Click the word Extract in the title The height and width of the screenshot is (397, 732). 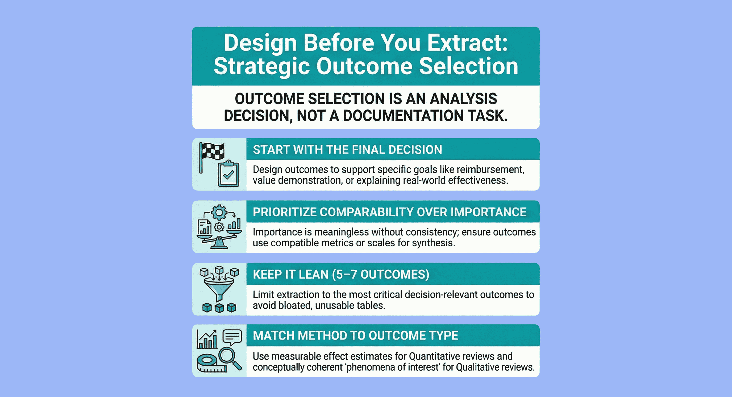pyautogui.click(x=467, y=43)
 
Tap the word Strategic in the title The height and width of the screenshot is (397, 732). pyautogui.click(x=261, y=66)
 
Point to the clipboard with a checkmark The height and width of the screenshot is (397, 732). pyautogui.click(x=228, y=174)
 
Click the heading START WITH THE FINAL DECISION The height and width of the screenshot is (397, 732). pyautogui.click(x=347, y=150)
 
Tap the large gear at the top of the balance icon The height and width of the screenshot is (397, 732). pyautogui.click(x=219, y=212)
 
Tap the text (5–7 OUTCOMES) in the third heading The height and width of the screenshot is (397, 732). pyautogui.click(x=380, y=274)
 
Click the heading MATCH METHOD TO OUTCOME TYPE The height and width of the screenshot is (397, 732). pyautogui.click(x=355, y=336)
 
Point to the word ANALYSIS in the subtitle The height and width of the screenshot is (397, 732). pyautogui.click(x=463, y=99)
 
